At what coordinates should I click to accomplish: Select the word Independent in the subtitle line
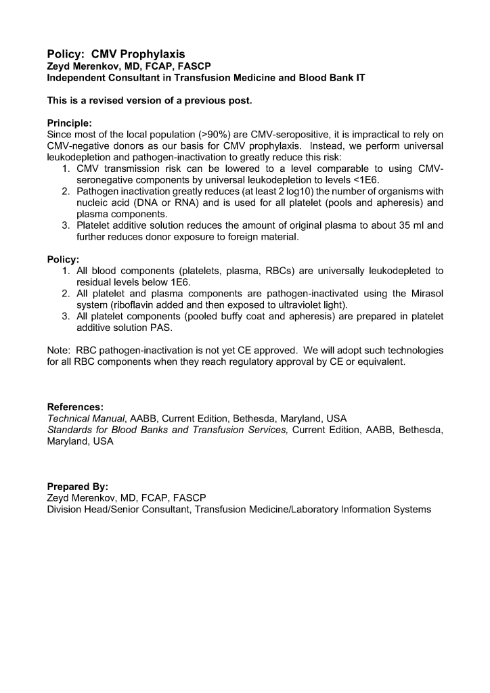click(76, 78)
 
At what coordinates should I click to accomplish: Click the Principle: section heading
click(70, 123)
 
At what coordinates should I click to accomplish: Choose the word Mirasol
click(427, 293)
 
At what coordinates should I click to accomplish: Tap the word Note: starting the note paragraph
click(60, 351)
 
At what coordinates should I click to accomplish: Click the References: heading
click(75, 407)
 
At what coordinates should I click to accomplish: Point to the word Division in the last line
click(66, 509)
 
